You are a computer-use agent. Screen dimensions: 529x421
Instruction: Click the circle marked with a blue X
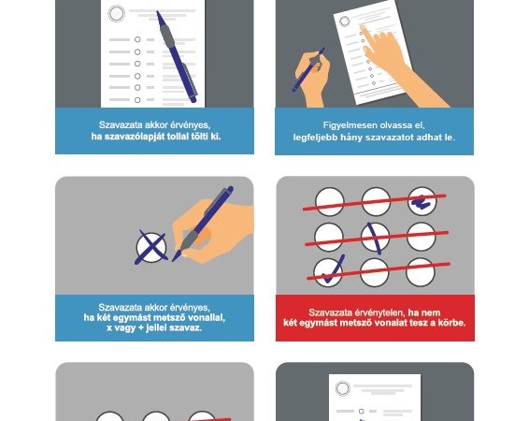(x=151, y=248)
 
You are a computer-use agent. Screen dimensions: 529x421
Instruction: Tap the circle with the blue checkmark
(x=328, y=273)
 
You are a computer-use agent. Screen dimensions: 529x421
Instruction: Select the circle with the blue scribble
(x=422, y=201)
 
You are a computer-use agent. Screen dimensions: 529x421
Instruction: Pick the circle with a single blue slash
(x=375, y=237)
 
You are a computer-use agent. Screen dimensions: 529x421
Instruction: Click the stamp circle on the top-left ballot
(x=117, y=14)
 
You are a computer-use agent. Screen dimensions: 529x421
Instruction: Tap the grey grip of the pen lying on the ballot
(x=167, y=36)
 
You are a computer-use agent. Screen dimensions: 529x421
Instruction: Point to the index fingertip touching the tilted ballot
(x=362, y=27)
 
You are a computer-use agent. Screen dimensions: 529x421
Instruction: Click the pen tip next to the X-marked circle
(x=174, y=260)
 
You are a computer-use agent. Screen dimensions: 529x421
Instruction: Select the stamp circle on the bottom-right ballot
(x=342, y=388)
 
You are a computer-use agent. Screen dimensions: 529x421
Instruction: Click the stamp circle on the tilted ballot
(x=345, y=22)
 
